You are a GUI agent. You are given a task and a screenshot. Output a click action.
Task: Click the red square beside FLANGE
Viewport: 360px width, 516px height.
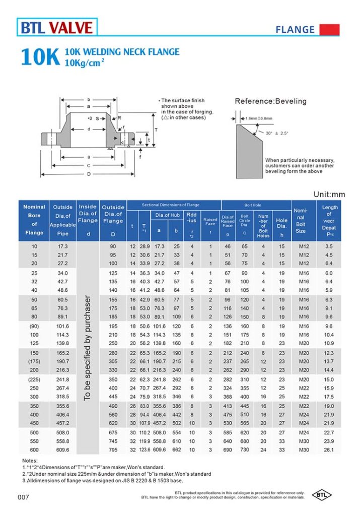tap(329, 29)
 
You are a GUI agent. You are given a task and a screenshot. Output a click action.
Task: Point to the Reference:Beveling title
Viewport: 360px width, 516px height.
tap(270, 101)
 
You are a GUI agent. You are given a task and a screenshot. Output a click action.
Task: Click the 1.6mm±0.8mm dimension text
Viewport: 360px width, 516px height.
tap(259, 118)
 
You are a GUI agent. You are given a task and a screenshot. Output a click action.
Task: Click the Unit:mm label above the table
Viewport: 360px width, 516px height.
tap(329, 194)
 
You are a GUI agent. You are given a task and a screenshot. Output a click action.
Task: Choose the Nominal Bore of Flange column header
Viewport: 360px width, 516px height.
tap(34, 220)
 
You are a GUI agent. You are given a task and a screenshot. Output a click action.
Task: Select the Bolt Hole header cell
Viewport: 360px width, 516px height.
tap(255, 205)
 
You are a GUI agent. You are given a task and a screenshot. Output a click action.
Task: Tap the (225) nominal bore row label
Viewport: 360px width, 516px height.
tap(34, 379)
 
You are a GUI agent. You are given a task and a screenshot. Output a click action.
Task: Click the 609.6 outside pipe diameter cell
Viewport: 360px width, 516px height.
tap(63, 449)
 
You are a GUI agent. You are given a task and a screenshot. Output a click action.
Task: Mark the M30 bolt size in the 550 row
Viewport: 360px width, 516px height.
tap(300, 441)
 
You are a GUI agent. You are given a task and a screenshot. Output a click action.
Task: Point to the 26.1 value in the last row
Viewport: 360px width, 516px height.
tap(329, 449)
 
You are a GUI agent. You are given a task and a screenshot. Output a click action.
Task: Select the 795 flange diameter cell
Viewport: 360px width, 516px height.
tap(113, 449)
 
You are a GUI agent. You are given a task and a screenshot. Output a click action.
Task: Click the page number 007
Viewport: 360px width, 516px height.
tap(24, 498)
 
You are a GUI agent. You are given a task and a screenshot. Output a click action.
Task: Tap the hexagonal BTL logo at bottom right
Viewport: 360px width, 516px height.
tap(322, 495)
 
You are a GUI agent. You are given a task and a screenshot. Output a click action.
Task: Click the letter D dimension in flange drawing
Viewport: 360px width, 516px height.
tap(88, 174)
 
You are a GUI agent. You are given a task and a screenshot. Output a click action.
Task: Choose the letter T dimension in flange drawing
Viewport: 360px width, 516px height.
tap(156, 130)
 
